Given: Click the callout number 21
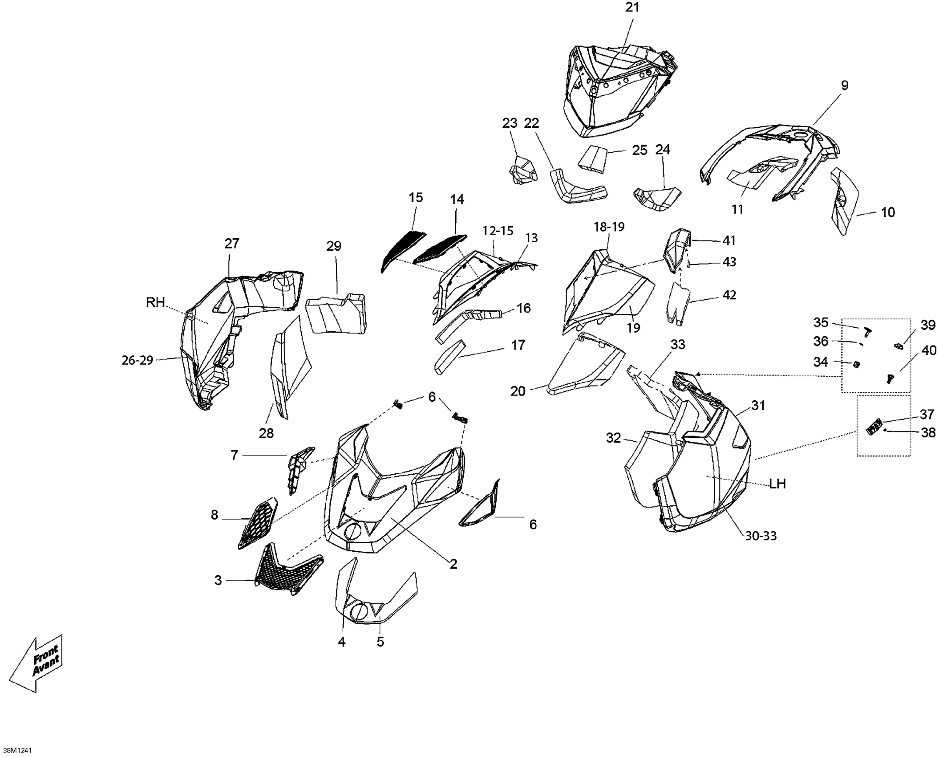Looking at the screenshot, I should (632, 8).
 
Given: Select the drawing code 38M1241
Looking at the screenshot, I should (17, 750).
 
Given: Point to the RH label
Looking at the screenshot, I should (155, 303).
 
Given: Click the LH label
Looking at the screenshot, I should (777, 484).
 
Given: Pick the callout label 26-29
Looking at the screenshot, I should (137, 360).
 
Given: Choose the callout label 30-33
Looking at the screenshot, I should (761, 536).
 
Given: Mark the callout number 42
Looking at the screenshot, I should (729, 295).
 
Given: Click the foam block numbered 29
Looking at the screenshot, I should (336, 313).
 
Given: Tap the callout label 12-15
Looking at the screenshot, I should (498, 231).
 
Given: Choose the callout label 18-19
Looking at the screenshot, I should (609, 227).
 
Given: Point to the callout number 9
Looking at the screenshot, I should (844, 85).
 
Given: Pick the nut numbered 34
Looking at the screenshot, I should (855, 365).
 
